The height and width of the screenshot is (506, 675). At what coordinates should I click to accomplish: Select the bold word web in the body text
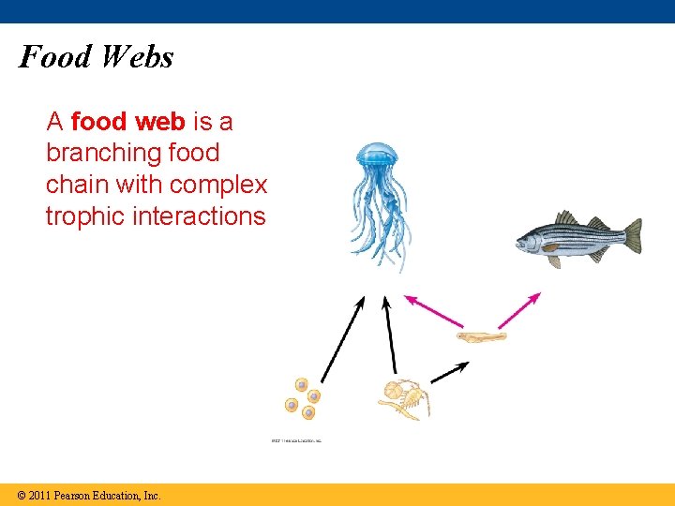click(x=162, y=122)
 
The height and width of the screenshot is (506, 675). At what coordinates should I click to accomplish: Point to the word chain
click(x=77, y=185)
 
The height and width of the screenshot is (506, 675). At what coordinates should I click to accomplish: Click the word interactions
click(x=200, y=216)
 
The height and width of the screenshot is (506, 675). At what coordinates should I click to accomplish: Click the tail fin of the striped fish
click(x=631, y=235)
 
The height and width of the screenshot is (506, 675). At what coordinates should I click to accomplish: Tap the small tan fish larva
click(x=481, y=336)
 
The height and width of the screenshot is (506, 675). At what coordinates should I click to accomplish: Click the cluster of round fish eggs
click(x=302, y=399)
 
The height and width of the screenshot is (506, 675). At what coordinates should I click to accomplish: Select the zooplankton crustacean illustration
click(x=404, y=399)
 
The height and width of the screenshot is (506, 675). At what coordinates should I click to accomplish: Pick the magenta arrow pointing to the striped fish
click(x=519, y=310)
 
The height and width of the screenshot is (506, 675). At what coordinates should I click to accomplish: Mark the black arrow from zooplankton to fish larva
click(x=448, y=372)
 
